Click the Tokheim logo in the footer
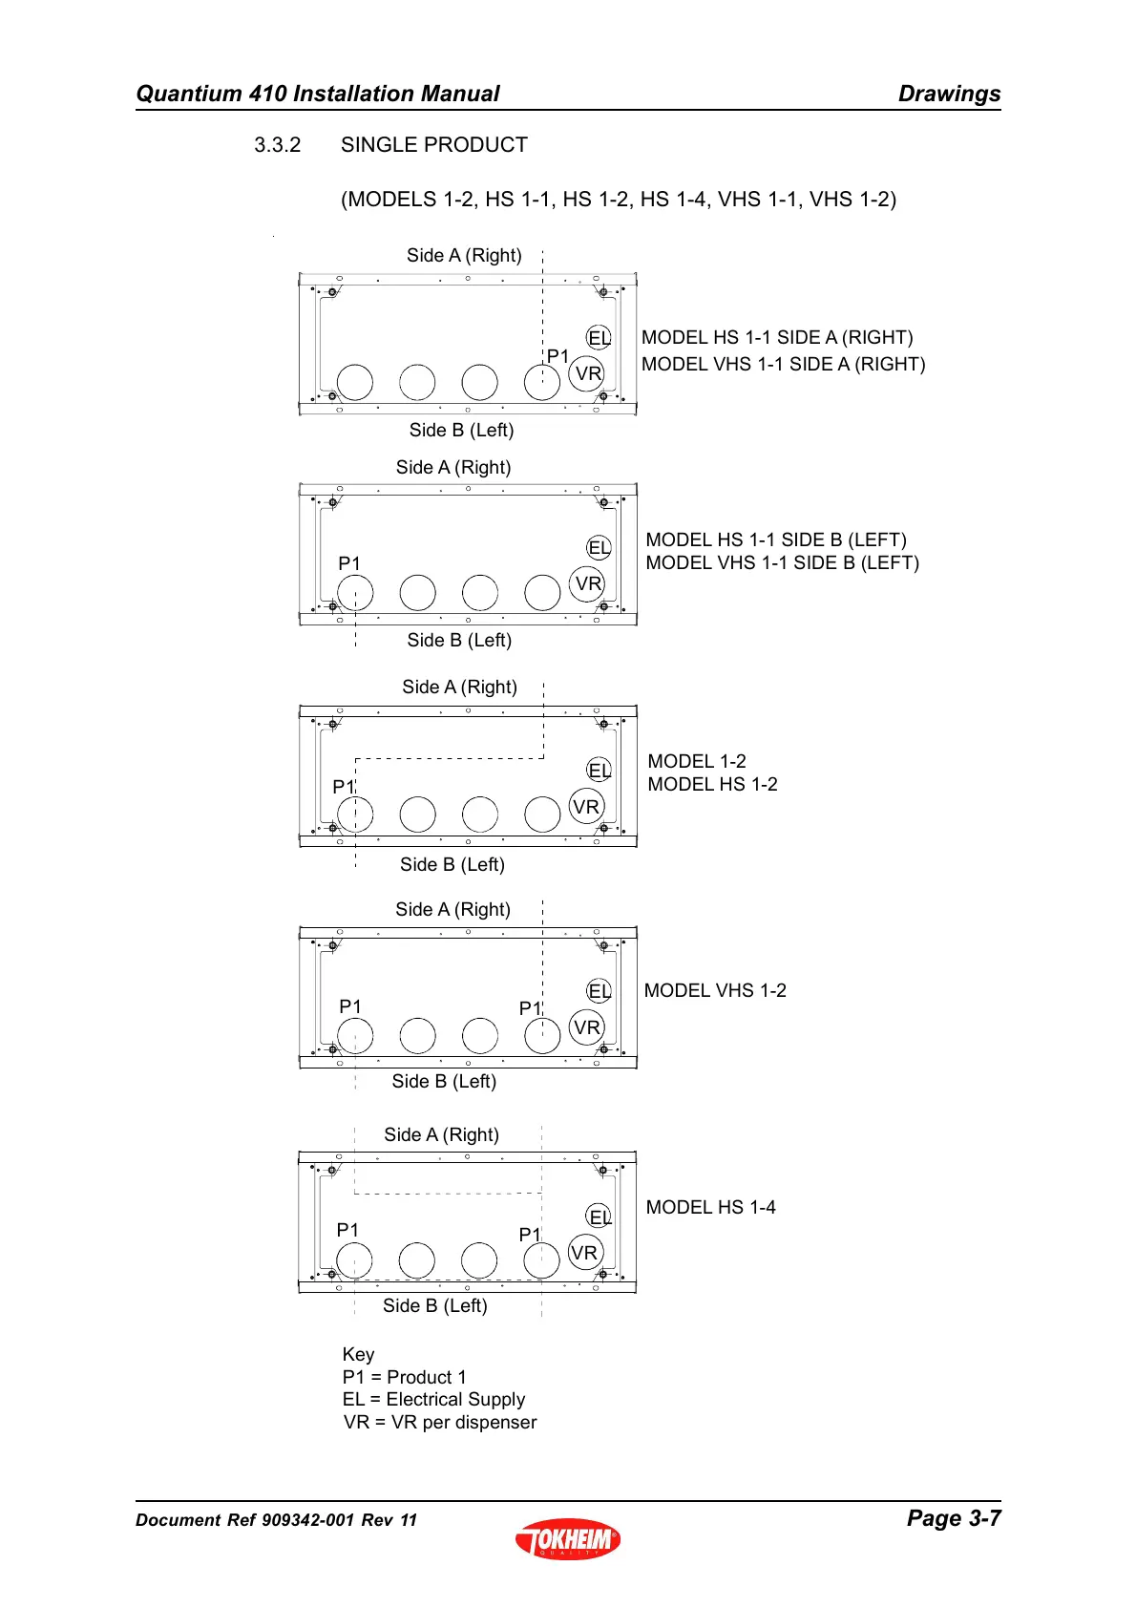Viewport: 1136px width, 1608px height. click(568, 1538)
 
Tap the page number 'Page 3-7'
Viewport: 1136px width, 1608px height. click(953, 1517)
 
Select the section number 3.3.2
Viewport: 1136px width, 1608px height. click(277, 145)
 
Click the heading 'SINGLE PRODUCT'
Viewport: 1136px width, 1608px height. click(433, 145)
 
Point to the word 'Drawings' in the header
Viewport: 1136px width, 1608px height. click(949, 94)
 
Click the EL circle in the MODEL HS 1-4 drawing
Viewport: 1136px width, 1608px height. click(599, 1217)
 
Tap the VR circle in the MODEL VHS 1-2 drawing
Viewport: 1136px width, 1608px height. click(586, 1027)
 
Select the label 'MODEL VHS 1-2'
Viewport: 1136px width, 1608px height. click(715, 990)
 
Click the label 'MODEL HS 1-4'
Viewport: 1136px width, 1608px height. click(710, 1207)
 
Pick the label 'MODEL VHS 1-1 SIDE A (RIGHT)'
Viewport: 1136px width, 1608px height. click(783, 364)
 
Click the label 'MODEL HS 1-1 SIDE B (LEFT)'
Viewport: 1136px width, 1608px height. click(775, 540)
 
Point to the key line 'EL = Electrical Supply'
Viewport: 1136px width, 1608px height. click(433, 1399)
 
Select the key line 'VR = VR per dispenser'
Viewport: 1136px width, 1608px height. click(439, 1422)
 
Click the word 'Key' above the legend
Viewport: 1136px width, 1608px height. click(358, 1354)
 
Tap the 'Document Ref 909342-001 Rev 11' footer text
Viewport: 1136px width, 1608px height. click(276, 1520)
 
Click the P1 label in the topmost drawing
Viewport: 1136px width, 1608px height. click(557, 356)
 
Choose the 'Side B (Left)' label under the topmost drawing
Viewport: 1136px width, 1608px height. click(461, 430)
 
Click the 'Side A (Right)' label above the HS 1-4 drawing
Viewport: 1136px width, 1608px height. click(441, 1134)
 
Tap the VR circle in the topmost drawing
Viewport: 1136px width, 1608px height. click(587, 373)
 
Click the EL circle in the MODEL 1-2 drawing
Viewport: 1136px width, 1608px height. click(599, 770)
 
